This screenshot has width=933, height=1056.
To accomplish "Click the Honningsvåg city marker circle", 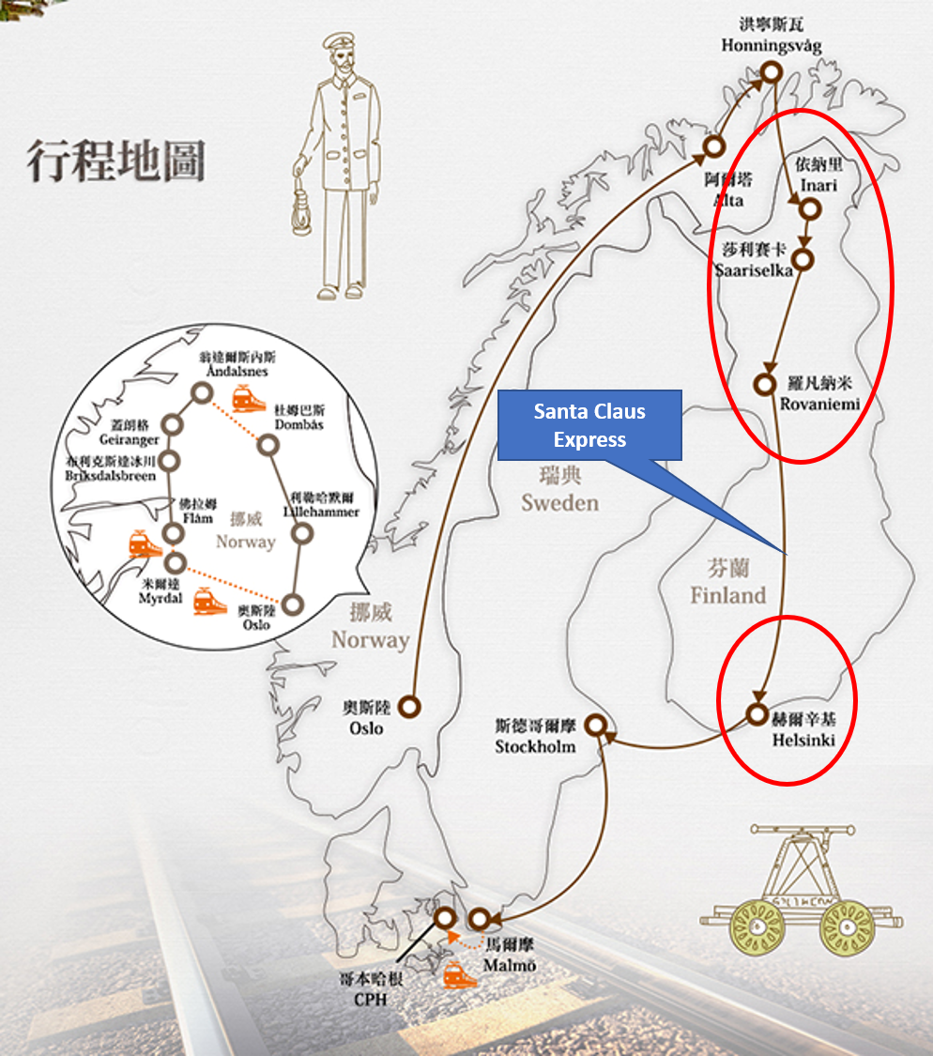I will pyautogui.click(x=771, y=72).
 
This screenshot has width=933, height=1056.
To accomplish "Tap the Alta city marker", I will pyautogui.click(x=715, y=146).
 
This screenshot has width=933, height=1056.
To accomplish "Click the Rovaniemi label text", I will pyautogui.click(x=819, y=404).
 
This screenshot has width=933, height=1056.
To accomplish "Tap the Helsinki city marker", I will pyautogui.click(x=757, y=713).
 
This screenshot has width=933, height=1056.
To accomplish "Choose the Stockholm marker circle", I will pyautogui.click(x=595, y=726).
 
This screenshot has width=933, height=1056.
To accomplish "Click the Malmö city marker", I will pyautogui.click(x=480, y=919).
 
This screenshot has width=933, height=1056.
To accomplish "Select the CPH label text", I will pyautogui.click(x=370, y=1000).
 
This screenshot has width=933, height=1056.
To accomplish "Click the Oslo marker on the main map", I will pyautogui.click(x=409, y=706).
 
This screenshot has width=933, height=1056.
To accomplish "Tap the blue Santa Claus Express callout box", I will pyautogui.click(x=589, y=425).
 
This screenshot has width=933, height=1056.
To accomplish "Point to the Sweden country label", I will pyautogui.click(x=559, y=502).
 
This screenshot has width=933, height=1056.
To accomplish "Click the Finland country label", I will pyautogui.click(x=728, y=595).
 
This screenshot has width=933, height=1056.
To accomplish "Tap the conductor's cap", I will pyautogui.click(x=337, y=45).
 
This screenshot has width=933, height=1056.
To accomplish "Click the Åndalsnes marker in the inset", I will pyautogui.click(x=201, y=393).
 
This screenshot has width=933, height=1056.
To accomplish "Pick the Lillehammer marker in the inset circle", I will pyautogui.click(x=302, y=534).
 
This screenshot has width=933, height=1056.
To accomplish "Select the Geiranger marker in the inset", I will pyautogui.click(x=172, y=424).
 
